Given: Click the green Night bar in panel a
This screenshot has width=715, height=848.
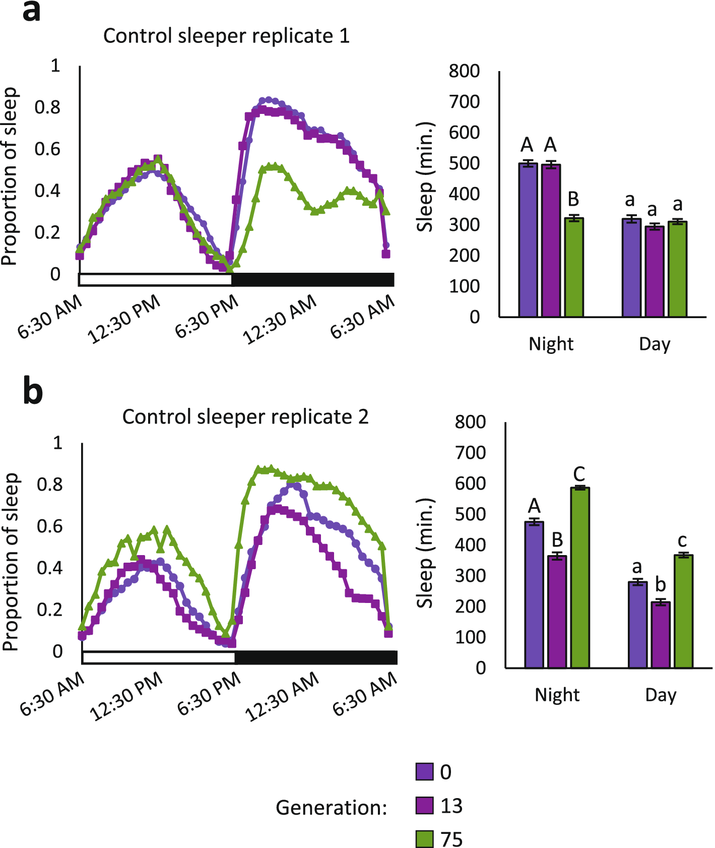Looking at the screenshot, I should [x=574, y=267].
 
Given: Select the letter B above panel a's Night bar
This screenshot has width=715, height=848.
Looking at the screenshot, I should [x=573, y=200].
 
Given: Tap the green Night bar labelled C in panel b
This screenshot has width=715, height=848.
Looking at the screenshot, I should [x=580, y=578].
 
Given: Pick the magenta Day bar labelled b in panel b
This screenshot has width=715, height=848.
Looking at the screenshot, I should [x=661, y=635].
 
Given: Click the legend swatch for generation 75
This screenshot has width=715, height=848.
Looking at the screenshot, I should [x=424, y=839].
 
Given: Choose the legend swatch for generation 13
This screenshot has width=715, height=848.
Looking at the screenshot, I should [x=424, y=806].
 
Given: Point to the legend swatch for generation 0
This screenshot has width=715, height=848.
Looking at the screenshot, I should [x=424, y=772].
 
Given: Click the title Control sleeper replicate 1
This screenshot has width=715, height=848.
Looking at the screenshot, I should [x=226, y=36].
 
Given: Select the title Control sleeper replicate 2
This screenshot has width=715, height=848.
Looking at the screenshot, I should [x=245, y=417].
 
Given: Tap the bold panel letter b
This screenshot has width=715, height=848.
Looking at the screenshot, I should [x=33, y=392].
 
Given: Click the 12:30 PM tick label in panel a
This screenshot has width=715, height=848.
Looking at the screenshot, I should [x=124, y=319].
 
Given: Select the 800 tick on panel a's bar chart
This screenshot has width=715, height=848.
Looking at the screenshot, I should [x=464, y=71].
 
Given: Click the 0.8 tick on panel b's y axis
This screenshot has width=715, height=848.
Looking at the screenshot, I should [x=49, y=484].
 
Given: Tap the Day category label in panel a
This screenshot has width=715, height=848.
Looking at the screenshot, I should [x=655, y=344].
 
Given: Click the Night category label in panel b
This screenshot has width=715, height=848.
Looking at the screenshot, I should [x=557, y=695].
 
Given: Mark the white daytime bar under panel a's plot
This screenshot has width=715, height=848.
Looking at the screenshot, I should [x=155, y=280].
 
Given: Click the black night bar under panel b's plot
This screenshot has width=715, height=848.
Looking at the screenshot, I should [x=316, y=657].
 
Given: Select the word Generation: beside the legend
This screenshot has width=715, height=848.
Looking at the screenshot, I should [x=331, y=808].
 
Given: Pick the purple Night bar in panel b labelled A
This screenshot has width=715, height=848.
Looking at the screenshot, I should [x=534, y=595].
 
